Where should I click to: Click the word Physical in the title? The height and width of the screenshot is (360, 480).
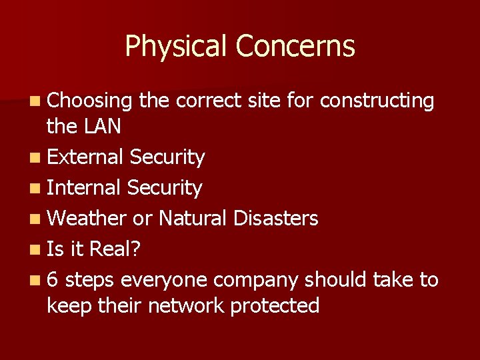click(x=177, y=47)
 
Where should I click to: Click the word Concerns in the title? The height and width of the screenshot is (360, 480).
click(x=295, y=47)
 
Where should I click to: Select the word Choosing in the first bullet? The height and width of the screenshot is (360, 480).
click(x=91, y=101)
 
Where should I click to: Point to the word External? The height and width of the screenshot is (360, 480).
click(x=85, y=157)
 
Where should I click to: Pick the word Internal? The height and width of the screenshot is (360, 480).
click(x=84, y=188)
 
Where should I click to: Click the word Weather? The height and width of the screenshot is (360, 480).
click(x=87, y=218)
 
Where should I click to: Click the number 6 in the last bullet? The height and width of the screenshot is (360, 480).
click(x=53, y=279)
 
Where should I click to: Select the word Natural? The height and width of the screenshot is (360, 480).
click(x=196, y=218)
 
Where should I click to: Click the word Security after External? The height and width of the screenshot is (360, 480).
click(x=167, y=158)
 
